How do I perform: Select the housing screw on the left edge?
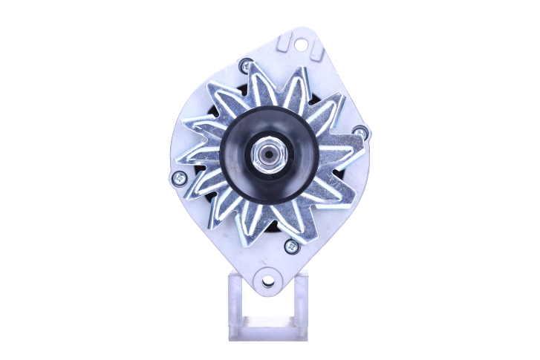178,177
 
